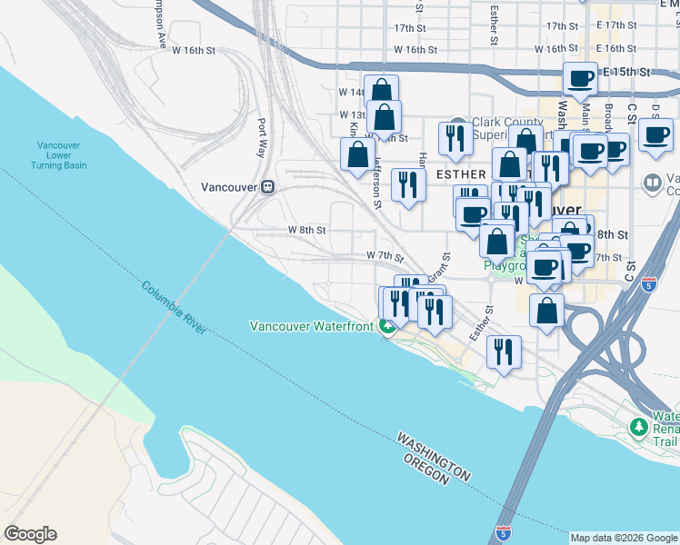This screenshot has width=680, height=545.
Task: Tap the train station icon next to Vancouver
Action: (x=268, y=187)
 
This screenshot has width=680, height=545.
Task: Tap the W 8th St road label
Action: (x=306, y=231)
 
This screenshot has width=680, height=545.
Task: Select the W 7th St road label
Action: (x=384, y=256)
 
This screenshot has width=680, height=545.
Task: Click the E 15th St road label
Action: (x=627, y=71)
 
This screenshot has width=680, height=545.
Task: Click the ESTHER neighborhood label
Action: (x=461, y=173)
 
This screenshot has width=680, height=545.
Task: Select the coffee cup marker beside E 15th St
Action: (x=580, y=79)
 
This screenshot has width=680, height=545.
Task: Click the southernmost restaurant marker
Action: (x=504, y=351)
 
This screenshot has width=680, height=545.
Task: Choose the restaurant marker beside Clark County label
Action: (x=453, y=137)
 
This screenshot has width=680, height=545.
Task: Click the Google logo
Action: (x=30, y=534)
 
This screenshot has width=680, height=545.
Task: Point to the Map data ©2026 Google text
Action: (x=623, y=538)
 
